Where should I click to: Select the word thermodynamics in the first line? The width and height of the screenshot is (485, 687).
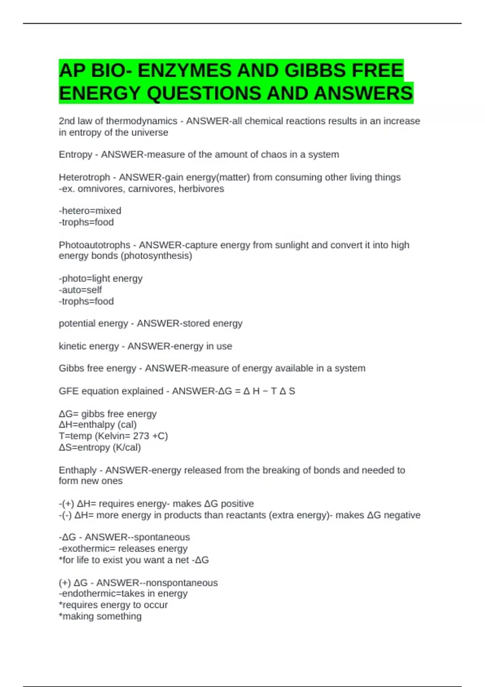[x=141, y=121]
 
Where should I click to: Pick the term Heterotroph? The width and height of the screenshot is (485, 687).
[x=84, y=177]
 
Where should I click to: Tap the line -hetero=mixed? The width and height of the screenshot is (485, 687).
[x=90, y=211]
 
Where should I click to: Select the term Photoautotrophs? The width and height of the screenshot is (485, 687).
[x=95, y=245]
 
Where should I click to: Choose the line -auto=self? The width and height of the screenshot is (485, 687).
[x=80, y=290]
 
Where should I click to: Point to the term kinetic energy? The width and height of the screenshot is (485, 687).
[x=88, y=346]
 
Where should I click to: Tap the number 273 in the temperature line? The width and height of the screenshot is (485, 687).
[x=141, y=436]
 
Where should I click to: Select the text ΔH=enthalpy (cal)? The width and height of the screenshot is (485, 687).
[x=98, y=425]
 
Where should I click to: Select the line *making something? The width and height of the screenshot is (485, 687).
[x=100, y=617]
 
